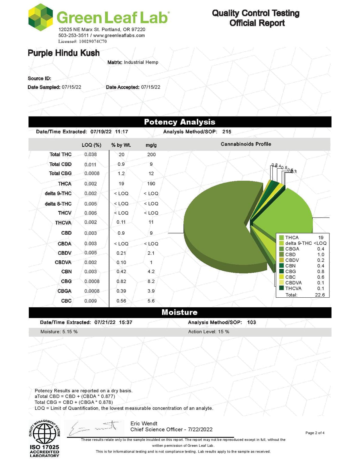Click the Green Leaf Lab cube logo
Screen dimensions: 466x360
(40, 17)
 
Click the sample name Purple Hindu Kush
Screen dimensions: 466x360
(64, 53)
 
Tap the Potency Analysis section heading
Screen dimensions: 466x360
(180, 122)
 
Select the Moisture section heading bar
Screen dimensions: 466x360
(180, 312)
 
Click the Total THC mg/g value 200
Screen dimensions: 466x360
(151, 155)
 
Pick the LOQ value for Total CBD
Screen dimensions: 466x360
(90, 164)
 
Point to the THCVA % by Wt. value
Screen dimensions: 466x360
(121, 222)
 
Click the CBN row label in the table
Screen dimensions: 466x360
(66, 272)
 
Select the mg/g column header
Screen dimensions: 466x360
(151, 145)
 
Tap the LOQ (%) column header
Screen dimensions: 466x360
(91, 145)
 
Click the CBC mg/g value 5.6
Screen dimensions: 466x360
(151, 301)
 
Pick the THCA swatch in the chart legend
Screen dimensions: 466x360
(281, 238)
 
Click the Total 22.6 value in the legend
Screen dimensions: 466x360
(320, 295)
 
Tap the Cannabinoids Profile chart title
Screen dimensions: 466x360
(246, 144)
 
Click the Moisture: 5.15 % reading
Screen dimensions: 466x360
(59, 332)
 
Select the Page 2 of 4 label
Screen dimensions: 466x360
(315, 433)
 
